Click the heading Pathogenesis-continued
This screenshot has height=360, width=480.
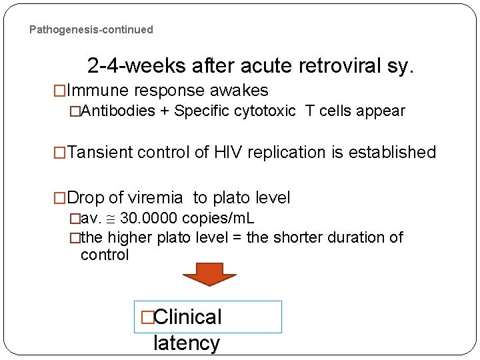click(x=91, y=30)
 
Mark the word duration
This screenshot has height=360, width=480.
click(x=362, y=237)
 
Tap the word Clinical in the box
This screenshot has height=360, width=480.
click(x=187, y=317)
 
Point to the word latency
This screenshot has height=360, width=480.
click(x=186, y=343)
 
